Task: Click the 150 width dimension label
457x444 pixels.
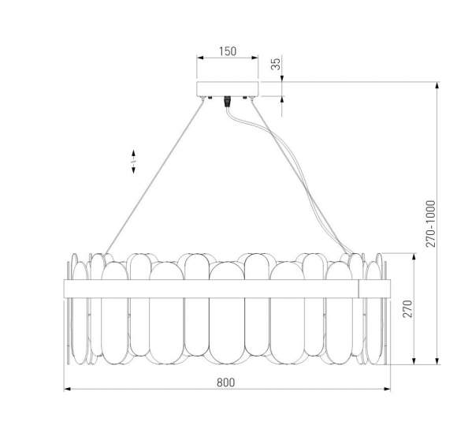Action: pyautogui.click(x=227, y=51)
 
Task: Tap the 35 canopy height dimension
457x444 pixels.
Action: pyautogui.click(x=276, y=65)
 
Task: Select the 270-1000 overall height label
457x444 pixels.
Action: pyautogui.click(x=430, y=223)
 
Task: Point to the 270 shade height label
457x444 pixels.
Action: pyautogui.click(x=407, y=309)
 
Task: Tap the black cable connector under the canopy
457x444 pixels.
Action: pyautogui.click(x=228, y=102)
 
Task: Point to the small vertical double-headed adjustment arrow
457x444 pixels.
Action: pyautogui.click(x=134, y=160)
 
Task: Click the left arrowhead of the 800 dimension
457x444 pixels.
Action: pyautogui.click(x=66, y=390)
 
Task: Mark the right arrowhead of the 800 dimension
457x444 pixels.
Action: pyautogui.click(x=388, y=390)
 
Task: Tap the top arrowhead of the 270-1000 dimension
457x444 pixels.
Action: pyautogui.click(x=438, y=84)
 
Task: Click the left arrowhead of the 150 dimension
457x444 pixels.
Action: pyautogui.click(x=199, y=59)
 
